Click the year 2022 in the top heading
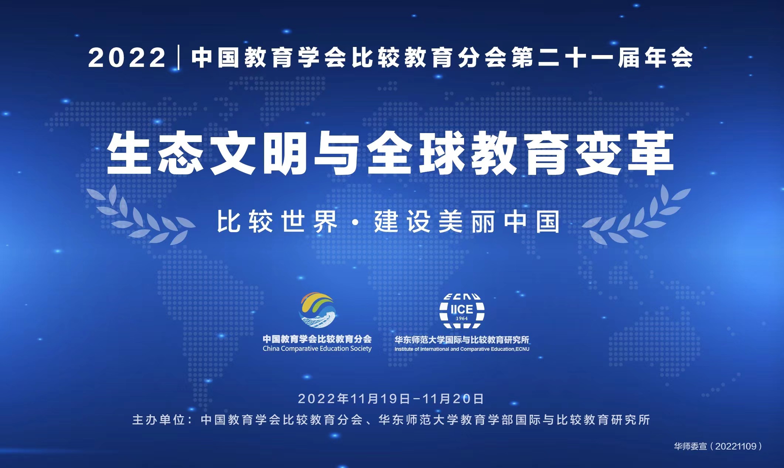[x=127, y=58]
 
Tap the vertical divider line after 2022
[x=179, y=57]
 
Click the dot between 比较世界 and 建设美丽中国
[x=356, y=223]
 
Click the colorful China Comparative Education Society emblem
[x=317, y=310]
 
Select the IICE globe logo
[x=462, y=311]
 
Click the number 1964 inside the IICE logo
[x=462, y=318]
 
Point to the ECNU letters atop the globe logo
[x=462, y=296]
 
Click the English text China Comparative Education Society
[x=317, y=349]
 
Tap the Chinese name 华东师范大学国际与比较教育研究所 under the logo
[x=462, y=339]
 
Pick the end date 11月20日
[x=453, y=399]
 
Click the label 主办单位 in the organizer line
[x=158, y=420]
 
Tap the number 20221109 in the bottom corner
[x=736, y=446]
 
